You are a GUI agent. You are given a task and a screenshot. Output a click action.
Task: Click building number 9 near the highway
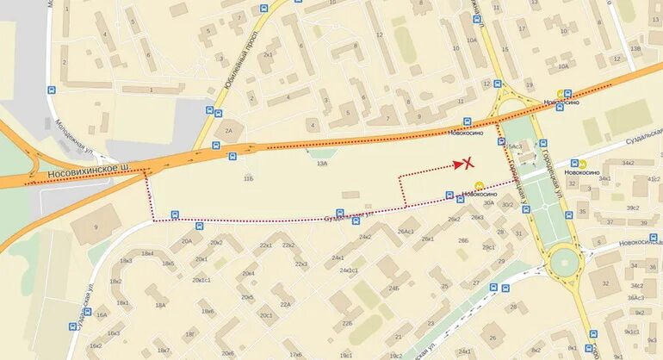[96, 227]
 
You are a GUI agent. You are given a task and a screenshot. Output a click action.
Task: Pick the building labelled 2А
[228, 130]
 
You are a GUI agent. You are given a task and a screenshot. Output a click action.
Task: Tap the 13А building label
[322, 163]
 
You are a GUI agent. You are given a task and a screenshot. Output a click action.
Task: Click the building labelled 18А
[159, 305]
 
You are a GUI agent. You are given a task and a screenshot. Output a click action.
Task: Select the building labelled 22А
[285, 304]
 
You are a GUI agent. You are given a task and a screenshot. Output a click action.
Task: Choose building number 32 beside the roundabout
[605, 282]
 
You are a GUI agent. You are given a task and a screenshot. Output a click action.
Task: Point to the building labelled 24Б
[393, 289]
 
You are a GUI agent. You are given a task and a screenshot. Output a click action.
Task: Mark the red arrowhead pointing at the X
[457, 164]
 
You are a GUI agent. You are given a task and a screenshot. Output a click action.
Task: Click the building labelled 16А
[102, 315]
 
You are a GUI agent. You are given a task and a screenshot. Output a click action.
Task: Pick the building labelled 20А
[186, 241]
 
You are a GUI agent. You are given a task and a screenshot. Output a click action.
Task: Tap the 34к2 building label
[627, 162]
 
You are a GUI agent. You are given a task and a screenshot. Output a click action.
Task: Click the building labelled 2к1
[268, 54]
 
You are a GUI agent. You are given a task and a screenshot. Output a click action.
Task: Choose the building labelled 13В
[635, 49]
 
